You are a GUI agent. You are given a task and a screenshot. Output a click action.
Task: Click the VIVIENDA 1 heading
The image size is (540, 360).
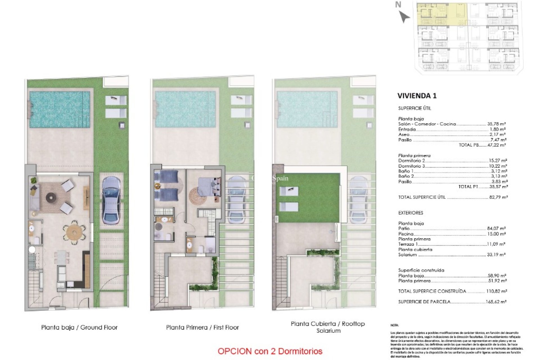417,96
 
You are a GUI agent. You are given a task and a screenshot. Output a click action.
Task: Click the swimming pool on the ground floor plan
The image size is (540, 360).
60,109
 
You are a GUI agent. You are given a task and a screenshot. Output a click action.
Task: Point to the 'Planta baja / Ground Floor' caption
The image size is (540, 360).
79,327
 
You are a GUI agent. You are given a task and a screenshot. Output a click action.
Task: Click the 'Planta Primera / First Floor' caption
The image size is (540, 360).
202,327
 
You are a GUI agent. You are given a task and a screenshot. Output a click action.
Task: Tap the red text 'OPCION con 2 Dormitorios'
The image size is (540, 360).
270,351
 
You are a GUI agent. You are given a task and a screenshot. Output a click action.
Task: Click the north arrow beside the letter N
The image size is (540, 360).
404,17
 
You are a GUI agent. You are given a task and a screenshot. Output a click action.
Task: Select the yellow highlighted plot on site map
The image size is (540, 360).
442,14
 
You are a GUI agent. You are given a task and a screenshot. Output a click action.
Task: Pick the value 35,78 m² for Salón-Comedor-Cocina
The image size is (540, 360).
496,124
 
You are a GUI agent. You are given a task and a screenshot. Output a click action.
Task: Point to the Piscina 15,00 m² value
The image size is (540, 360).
496,234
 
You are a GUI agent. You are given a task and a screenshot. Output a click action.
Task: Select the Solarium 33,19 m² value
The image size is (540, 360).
496,255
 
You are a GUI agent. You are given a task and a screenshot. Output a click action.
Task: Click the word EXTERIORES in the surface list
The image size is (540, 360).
410,213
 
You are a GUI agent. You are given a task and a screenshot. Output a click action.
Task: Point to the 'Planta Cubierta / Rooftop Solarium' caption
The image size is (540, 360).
328,327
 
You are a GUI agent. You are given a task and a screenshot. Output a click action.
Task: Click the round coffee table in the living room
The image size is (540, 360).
51,198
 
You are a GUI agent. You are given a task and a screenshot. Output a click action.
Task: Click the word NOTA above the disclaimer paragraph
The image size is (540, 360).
394,325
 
